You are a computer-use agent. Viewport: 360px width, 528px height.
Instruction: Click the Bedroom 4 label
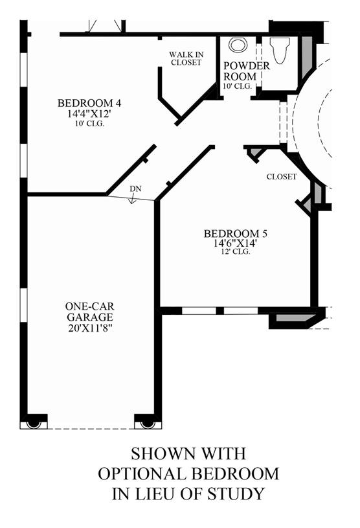[89, 103]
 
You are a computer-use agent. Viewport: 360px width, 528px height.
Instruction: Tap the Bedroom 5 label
[236, 233]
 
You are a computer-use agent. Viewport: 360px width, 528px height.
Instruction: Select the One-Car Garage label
[90, 312]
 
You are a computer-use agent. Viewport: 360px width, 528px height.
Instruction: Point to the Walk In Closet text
[186, 58]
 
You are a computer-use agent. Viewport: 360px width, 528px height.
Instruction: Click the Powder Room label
[247, 71]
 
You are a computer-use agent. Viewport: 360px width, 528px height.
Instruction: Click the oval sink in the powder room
[238, 45]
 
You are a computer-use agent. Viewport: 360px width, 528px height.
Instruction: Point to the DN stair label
[135, 189]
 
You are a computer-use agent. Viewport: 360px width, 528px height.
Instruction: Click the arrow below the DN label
[132, 199]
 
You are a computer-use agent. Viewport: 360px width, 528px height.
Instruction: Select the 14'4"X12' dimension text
[89, 114]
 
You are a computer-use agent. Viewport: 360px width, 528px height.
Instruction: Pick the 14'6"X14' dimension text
[236, 243]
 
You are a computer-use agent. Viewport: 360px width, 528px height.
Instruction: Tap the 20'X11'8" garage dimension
[90, 328]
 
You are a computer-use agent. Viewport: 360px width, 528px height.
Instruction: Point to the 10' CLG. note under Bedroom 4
[89, 123]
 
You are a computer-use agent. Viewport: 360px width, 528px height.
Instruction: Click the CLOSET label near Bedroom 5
[282, 176]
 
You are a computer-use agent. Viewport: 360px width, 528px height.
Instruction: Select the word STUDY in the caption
[236, 493]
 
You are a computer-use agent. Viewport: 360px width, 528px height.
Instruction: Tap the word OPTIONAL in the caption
[142, 474]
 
